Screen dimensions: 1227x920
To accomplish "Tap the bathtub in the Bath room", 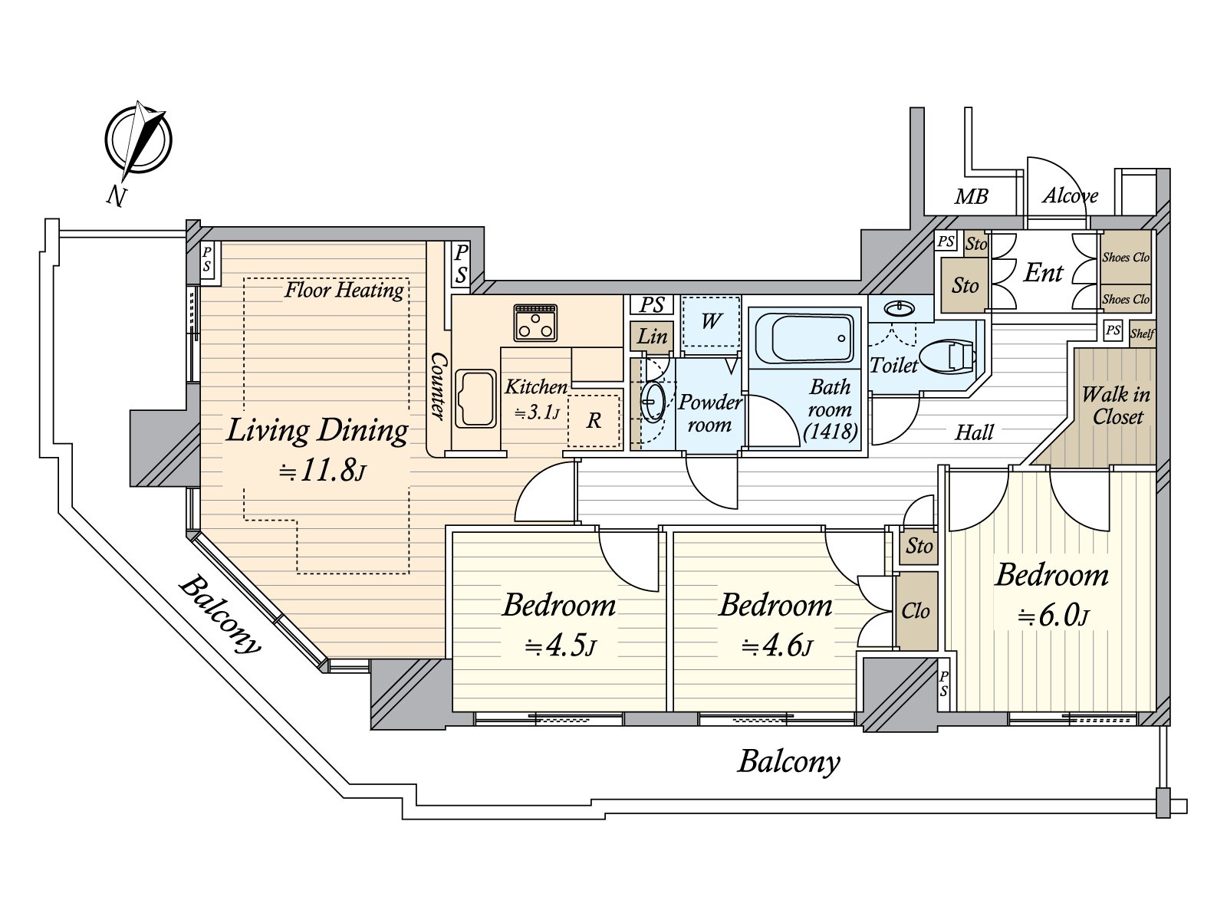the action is pos(804,338).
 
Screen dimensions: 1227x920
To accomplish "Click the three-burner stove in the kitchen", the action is pos(535,323).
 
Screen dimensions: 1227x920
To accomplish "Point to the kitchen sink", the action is pos(476,399).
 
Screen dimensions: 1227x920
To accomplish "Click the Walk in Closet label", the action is pos(1116,406).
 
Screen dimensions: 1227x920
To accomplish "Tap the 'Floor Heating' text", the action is pos(344,290).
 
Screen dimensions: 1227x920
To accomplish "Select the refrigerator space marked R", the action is pos(594,421).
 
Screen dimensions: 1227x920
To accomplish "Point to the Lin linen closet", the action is pos(651,337).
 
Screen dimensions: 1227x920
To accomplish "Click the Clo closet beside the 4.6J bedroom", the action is pos(916,610).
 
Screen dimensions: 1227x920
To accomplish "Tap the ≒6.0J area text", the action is pos(1053,616).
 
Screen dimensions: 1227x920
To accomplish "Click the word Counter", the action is pos(438,386).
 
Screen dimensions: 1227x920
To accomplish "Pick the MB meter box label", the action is pos(971,196).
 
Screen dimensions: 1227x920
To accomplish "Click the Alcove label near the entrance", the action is pos(1070,195).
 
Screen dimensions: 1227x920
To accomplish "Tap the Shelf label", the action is pos(1142,334).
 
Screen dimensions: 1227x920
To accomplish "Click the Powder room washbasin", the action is pos(652,401).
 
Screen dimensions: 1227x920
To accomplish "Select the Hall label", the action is pos(974,432).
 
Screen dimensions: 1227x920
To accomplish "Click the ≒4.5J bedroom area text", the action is pos(560,647).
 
